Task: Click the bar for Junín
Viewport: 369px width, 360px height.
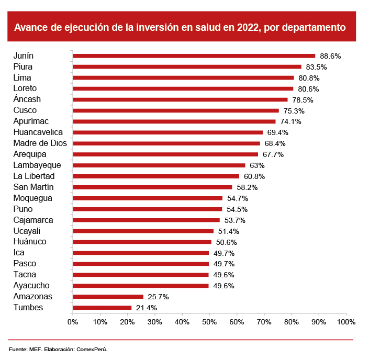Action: click(194, 55)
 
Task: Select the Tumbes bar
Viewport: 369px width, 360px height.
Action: click(102, 308)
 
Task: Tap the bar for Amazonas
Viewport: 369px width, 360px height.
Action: click(108, 297)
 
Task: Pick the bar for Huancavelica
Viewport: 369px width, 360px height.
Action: click(167, 132)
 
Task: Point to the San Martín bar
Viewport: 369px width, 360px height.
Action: click(152, 187)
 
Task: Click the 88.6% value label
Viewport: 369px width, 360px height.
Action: click(330, 56)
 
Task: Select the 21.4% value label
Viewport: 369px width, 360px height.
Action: click(147, 308)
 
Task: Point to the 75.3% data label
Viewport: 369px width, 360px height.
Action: click(294, 111)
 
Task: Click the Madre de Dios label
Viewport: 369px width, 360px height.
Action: click(40, 143)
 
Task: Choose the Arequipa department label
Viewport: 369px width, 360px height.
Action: click(30, 154)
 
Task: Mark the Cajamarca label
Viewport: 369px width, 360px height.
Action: click(33, 220)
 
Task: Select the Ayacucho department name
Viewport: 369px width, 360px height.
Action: click(31, 286)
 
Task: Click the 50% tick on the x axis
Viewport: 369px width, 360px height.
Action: click(209, 321)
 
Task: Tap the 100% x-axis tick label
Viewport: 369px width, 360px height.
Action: click(346, 321)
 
